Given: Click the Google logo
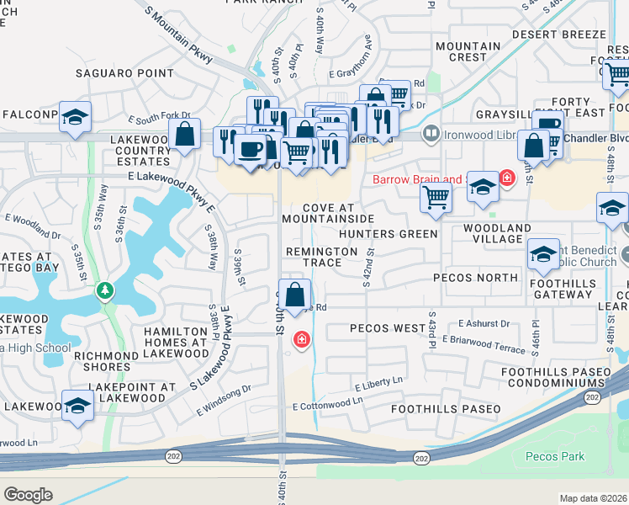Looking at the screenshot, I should pyautogui.click(x=29, y=494).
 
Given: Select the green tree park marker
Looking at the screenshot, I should pyautogui.click(x=104, y=290).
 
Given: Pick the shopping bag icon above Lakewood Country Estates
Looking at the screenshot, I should pyautogui.click(x=184, y=134).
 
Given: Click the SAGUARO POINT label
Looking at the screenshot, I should pyautogui.click(x=124, y=73).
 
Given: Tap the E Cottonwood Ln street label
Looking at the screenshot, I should pyautogui.click(x=328, y=406).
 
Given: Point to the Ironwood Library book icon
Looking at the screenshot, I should pyautogui.click(x=431, y=133).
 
